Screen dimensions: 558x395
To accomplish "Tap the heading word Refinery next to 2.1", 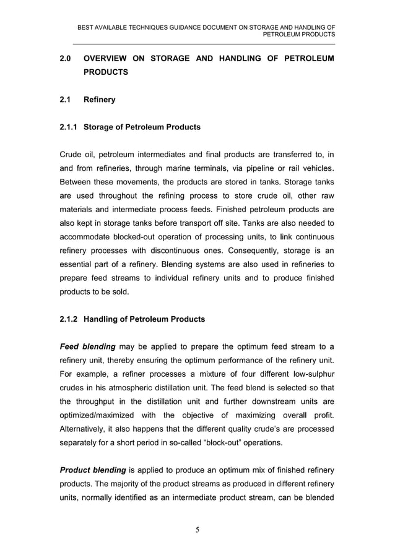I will tap(99, 99).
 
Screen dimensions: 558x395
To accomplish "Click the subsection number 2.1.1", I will tap(69, 127).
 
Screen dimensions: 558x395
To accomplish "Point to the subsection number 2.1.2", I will tap(69, 319).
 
